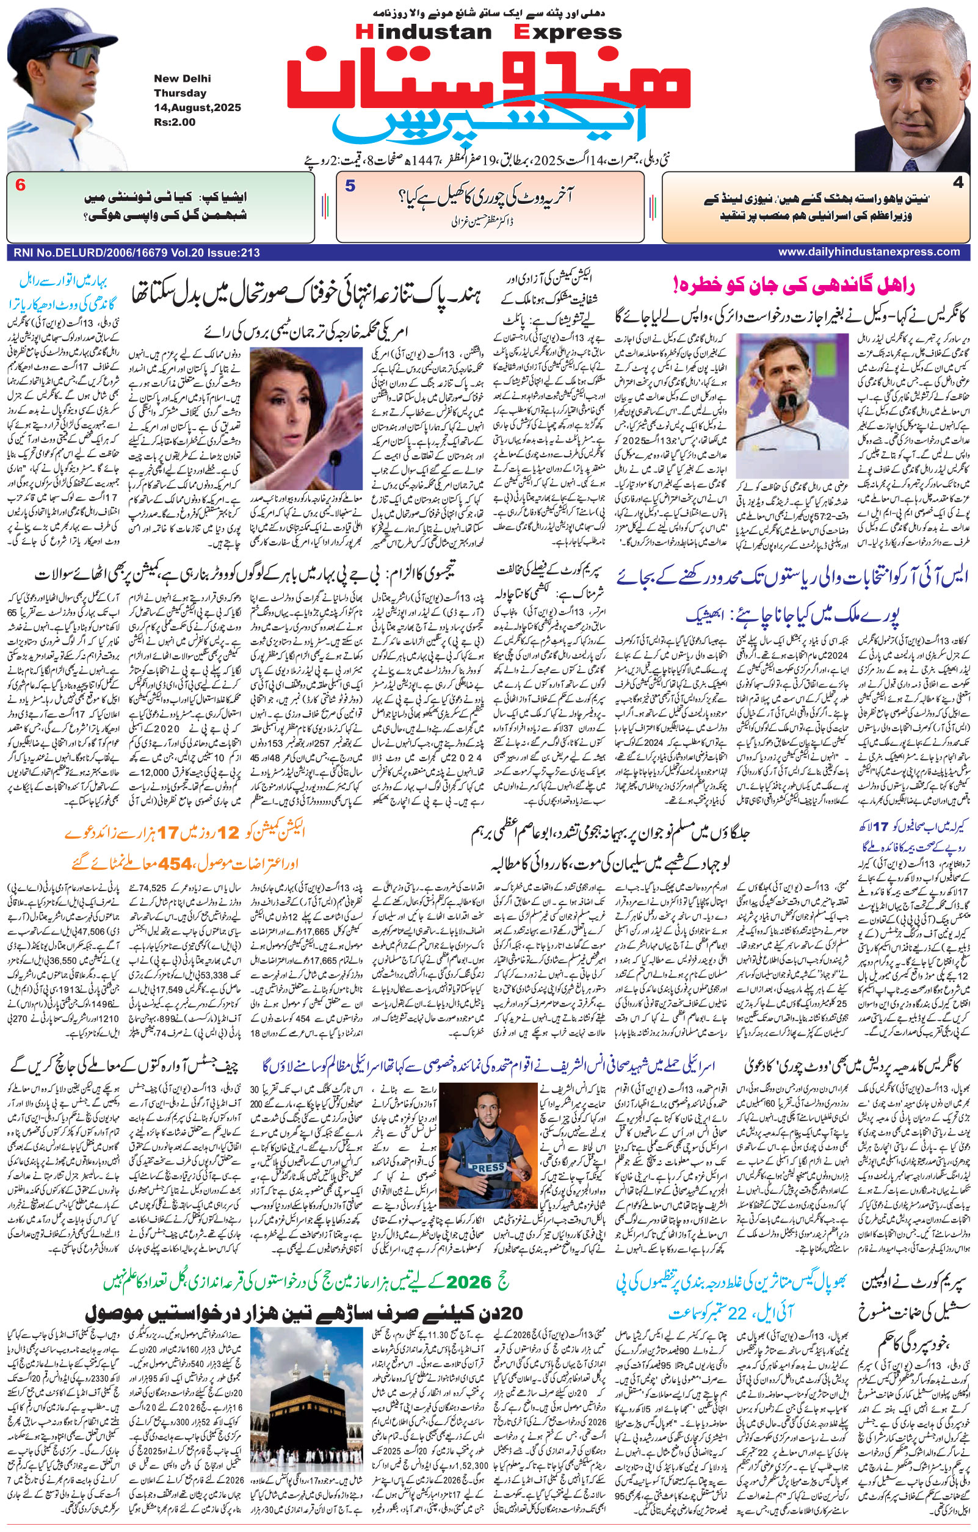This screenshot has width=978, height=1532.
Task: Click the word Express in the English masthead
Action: point(568,32)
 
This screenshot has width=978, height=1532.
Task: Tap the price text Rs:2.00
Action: point(175,122)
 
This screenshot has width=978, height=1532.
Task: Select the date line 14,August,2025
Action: point(197,107)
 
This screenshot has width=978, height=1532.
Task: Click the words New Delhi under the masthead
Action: point(182,79)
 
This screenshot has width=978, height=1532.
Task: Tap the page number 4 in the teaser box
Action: point(958,183)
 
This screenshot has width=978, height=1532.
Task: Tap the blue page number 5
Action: point(350,186)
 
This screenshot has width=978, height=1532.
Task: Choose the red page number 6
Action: point(20,186)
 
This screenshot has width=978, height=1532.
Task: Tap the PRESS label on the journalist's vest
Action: point(488,1169)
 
